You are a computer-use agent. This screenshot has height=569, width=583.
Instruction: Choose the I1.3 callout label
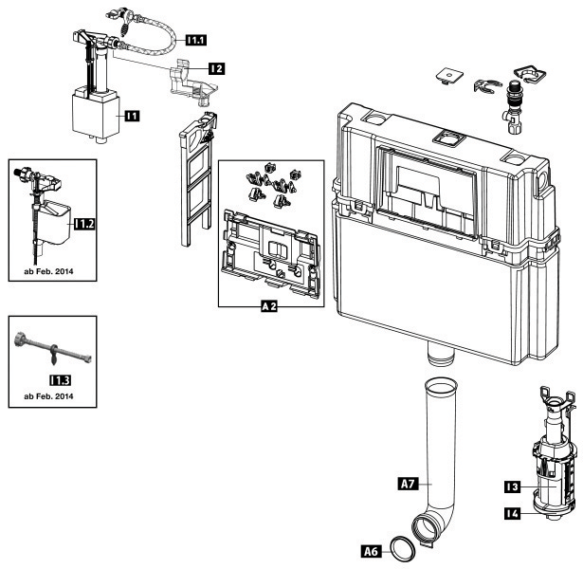tap(60, 379)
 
